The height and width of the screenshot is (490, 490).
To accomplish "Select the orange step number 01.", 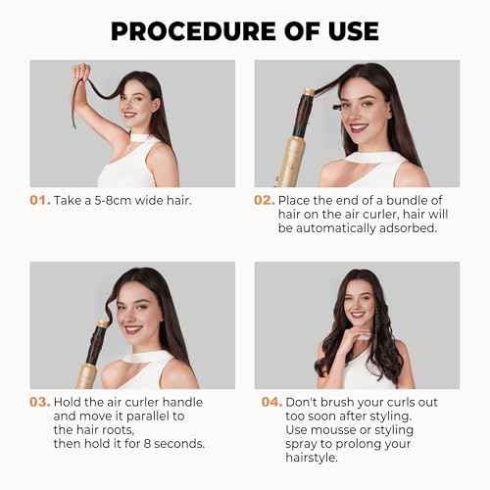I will [x=41, y=200].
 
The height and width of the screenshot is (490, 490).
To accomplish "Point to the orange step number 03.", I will [x=41, y=402].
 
